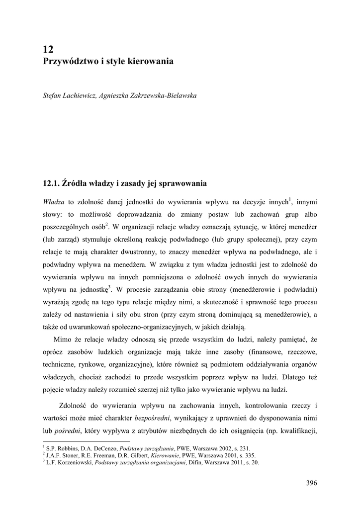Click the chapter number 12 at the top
pos(48,49)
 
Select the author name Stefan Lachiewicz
pos(67,95)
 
